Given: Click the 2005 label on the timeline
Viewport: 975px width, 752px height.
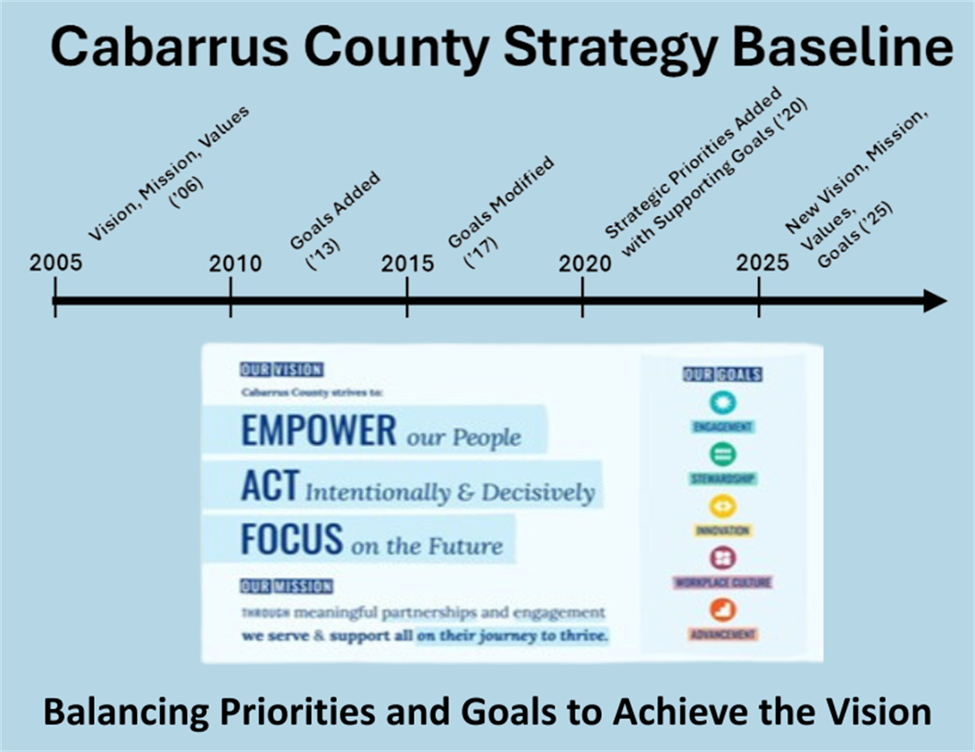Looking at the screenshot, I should click(x=56, y=262).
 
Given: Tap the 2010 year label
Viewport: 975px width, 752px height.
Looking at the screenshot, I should click(x=235, y=263).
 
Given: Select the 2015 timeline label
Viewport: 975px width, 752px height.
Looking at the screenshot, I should click(x=408, y=263).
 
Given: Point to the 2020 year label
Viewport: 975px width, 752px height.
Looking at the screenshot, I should click(x=585, y=263).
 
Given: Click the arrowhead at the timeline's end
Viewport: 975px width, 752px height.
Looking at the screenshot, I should click(x=936, y=301).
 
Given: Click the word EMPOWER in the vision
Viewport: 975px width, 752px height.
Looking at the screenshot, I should click(x=318, y=430).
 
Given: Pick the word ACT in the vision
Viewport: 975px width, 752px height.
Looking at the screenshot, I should click(x=269, y=487).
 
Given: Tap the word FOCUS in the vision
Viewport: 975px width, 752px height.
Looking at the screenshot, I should click(x=292, y=540).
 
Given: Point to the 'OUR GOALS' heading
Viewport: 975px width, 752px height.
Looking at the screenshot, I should click(x=722, y=375).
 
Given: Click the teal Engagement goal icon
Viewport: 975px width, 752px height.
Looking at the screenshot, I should click(x=723, y=402).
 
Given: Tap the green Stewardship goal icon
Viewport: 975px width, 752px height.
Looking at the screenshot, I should click(x=723, y=454).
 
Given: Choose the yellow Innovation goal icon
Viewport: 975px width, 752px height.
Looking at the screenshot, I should click(x=723, y=506).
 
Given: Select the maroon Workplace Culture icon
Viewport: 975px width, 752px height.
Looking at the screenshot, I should click(x=723, y=559).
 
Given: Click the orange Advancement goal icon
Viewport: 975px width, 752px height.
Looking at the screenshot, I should click(x=723, y=610).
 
